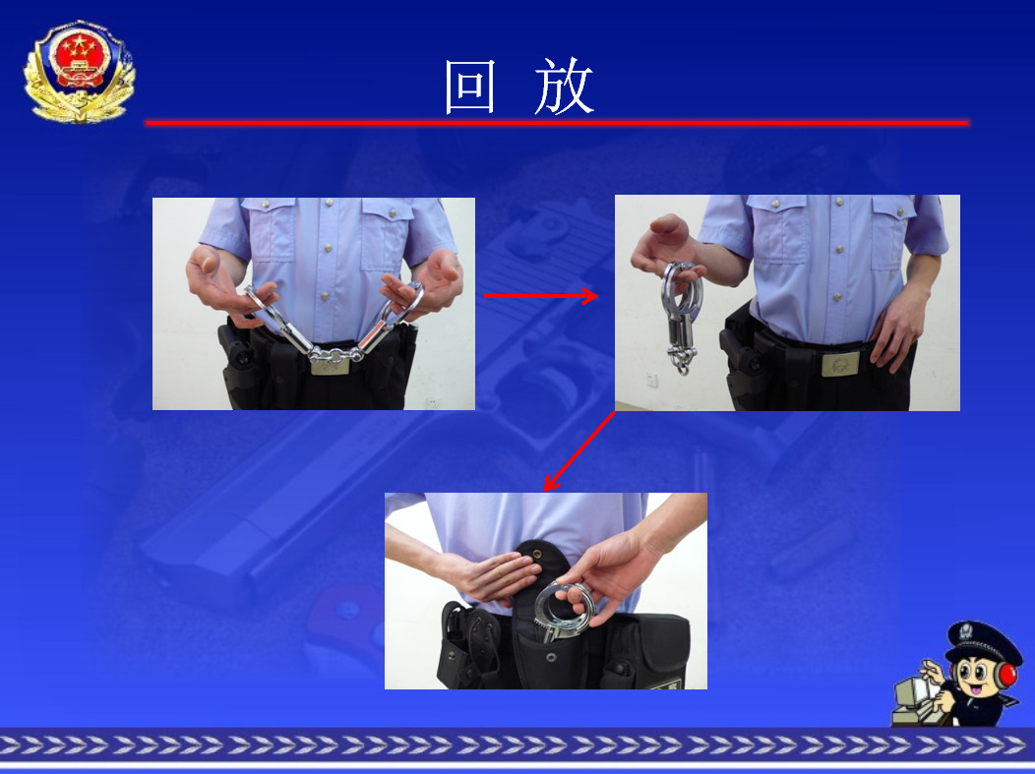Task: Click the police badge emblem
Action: tap(80, 71)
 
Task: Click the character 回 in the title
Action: tap(470, 88)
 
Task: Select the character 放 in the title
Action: tap(565, 87)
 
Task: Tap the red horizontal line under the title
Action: tap(557, 123)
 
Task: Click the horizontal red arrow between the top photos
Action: tap(541, 296)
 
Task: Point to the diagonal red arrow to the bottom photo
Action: tap(578, 451)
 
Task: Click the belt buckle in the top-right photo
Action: tap(840, 364)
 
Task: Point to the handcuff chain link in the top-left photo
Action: tap(335, 355)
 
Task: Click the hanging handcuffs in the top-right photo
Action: tap(681, 317)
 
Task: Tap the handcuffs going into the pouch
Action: tap(563, 611)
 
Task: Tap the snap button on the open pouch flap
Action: tap(536, 554)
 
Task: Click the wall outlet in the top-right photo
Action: tap(651, 380)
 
